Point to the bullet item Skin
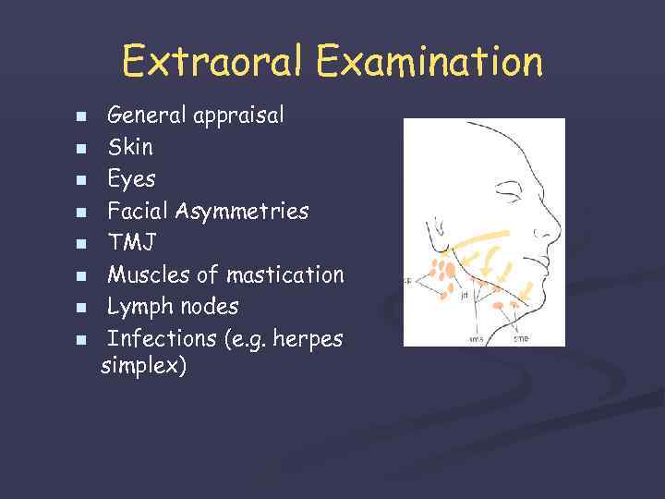(x=130, y=147)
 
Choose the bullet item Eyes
(x=132, y=178)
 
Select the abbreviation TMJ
(x=132, y=242)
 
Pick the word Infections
(x=162, y=338)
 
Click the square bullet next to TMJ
(x=81, y=244)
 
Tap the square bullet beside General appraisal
(x=81, y=117)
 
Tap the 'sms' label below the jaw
(x=476, y=338)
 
